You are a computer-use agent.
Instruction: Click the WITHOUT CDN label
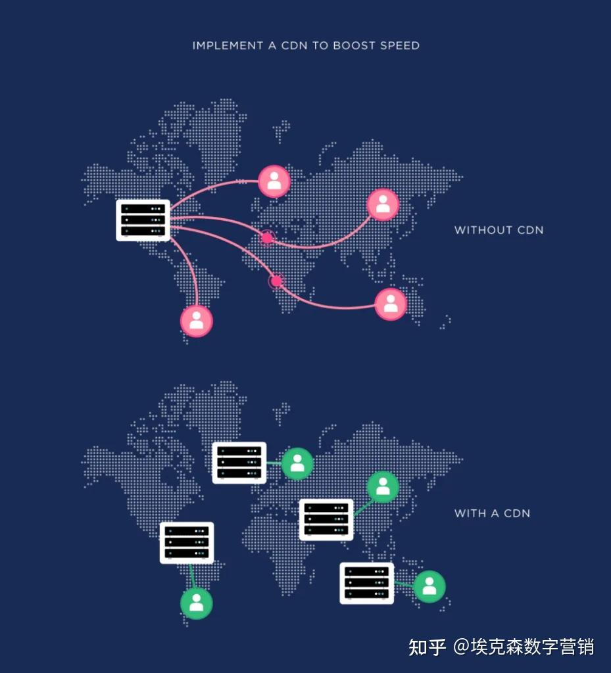499,230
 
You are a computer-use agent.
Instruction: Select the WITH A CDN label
492,513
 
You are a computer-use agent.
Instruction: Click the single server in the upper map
143,220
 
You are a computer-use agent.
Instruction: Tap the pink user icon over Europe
274,181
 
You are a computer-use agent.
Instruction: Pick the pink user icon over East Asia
383,204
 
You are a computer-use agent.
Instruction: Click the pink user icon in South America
197,321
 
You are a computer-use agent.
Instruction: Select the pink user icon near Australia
391,304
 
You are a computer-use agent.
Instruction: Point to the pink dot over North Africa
267,237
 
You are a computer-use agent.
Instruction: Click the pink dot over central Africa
276,281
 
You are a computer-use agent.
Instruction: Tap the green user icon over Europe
297,464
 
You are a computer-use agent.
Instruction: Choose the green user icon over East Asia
383,488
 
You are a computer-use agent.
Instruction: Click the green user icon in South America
197,603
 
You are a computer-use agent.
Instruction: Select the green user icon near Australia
429,586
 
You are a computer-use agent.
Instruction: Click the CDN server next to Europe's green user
239,463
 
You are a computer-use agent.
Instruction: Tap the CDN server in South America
187,543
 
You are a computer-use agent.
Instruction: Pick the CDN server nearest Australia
366,583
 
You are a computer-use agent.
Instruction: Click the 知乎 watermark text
428,647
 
